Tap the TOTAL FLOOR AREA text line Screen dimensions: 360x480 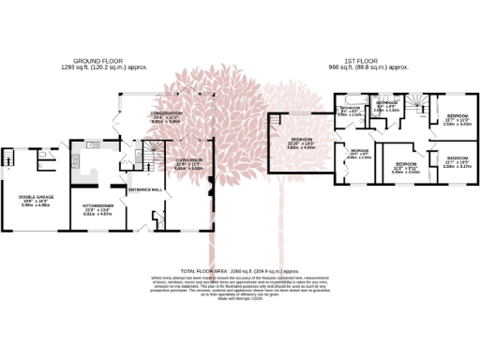pos(241,270)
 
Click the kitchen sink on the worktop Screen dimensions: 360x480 pos(91,145)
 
